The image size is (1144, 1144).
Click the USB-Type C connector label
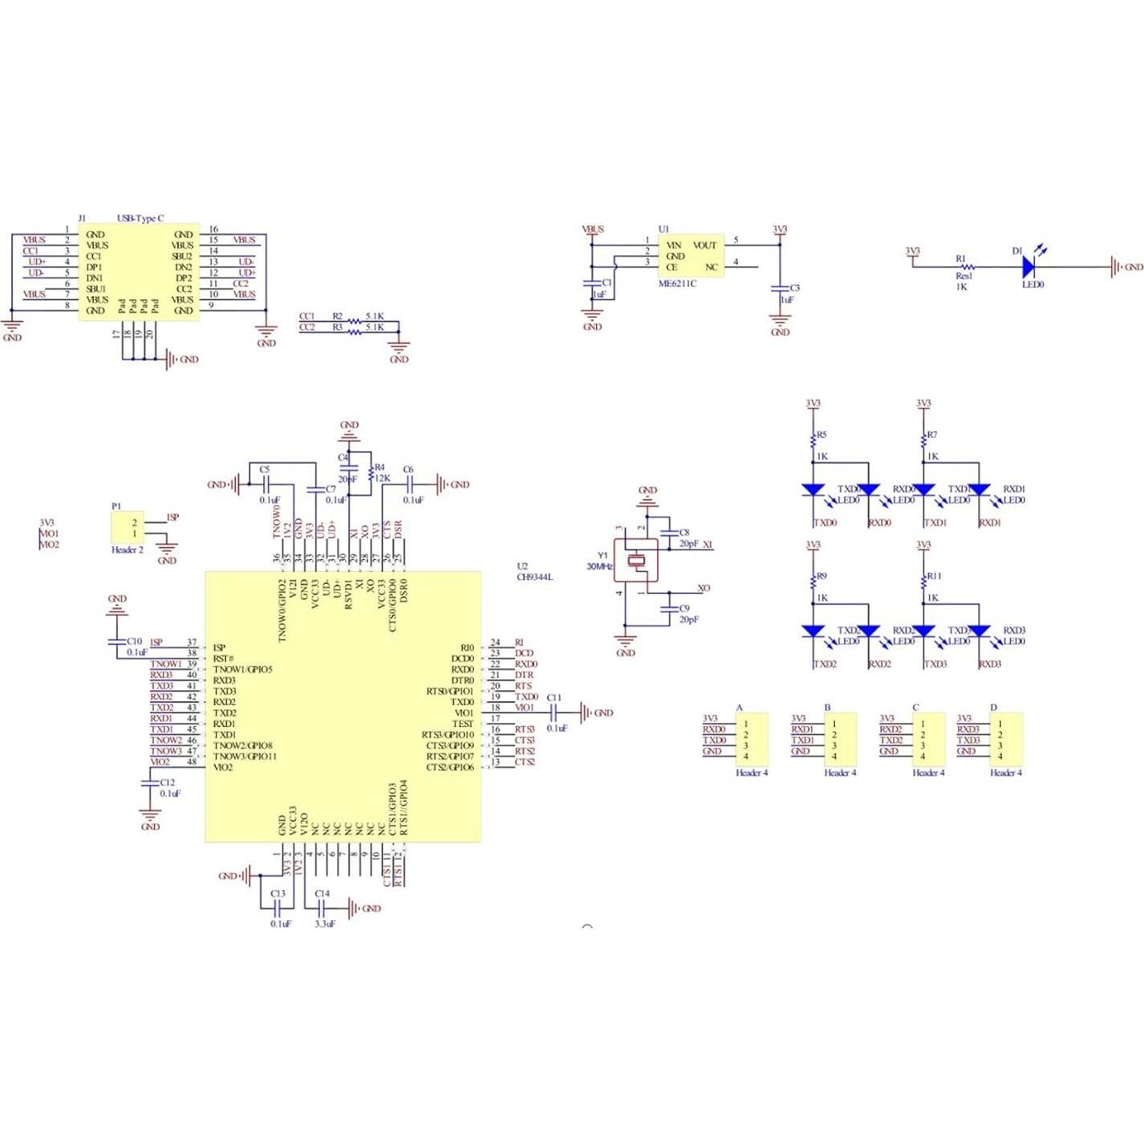pyautogui.click(x=140, y=218)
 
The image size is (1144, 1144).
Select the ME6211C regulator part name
pyautogui.click(x=677, y=283)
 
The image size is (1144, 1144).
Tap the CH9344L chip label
pyautogui.click(x=534, y=577)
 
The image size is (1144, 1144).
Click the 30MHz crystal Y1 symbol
pyautogui.click(x=637, y=561)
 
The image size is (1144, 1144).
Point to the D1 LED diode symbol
pyautogui.click(x=1029, y=266)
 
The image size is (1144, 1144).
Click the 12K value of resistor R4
pyautogui.click(x=382, y=478)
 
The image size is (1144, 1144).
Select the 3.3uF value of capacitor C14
pyautogui.click(x=325, y=923)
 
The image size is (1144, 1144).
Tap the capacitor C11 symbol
pyautogui.click(x=554, y=712)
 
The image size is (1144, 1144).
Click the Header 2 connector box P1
pyautogui.click(x=127, y=528)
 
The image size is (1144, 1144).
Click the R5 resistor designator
pyautogui.click(x=821, y=435)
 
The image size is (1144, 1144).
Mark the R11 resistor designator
pyautogui.click(x=934, y=576)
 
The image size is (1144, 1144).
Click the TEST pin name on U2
pyautogui.click(x=463, y=724)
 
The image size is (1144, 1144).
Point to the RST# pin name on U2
pyautogui.click(x=223, y=658)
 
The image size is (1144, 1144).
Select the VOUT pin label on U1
pyautogui.click(x=704, y=245)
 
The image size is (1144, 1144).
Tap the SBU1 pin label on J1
pyautogui.click(x=95, y=289)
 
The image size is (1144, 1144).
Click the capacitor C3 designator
pyautogui.click(x=794, y=287)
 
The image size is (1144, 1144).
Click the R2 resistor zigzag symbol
pyautogui.click(x=355, y=321)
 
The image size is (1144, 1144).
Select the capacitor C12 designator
pyautogui.click(x=167, y=782)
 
